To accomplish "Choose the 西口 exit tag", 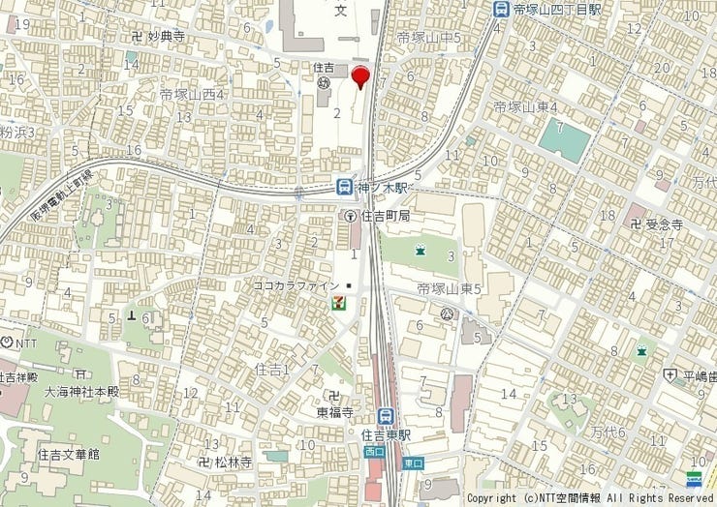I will pos(374,451).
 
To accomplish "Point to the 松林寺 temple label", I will pos(234,462).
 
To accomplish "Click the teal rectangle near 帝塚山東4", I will pos(564,140).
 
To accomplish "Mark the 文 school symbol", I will pos(340,11).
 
